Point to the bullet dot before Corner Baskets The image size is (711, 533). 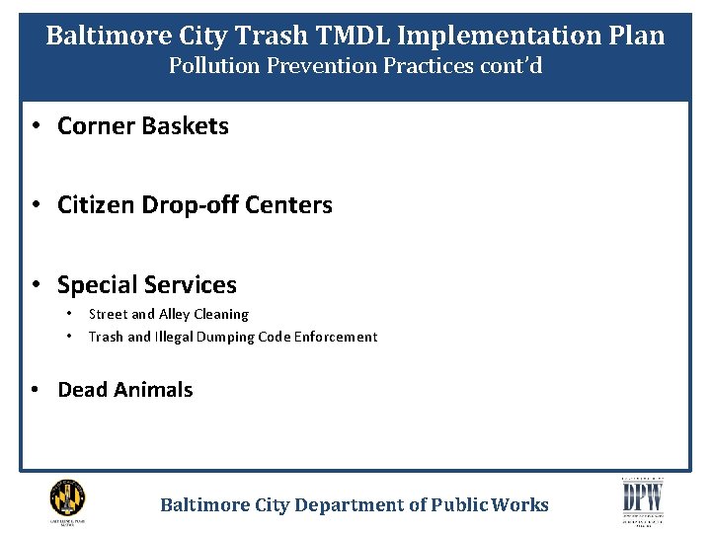pyautogui.click(x=35, y=126)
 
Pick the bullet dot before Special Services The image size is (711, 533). pyautogui.click(x=35, y=285)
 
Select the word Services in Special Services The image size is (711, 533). pyautogui.click(x=192, y=285)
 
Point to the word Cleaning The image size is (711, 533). pyautogui.click(x=225, y=314)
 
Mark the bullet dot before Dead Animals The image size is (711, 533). pyautogui.click(x=35, y=390)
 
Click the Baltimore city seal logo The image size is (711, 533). pyautogui.click(x=67, y=497)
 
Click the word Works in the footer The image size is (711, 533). pyautogui.click(x=522, y=505)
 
